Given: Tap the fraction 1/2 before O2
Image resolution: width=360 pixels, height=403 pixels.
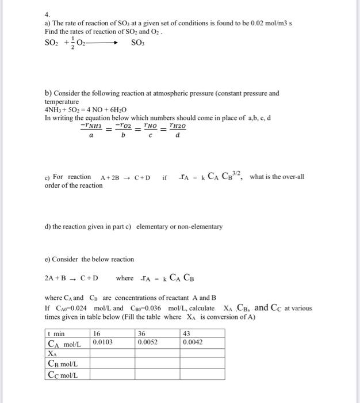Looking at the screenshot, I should pyautogui.click(x=74, y=43).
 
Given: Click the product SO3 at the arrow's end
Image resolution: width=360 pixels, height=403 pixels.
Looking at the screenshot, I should pyautogui.click(x=137, y=43).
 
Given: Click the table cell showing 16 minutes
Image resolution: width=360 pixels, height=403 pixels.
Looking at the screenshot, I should pyautogui.click(x=97, y=334).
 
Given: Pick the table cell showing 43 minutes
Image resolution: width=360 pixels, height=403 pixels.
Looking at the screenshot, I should pyautogui.click(x=187, y=334).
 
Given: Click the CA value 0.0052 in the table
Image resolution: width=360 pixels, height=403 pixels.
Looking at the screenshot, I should pyautogui.click(x=148, y=342).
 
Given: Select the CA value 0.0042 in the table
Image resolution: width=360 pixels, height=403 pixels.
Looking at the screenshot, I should pyautogui.click(x=193, y=342).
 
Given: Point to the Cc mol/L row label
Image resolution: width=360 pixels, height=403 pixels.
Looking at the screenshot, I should pyautogui.click(x=63, y=375).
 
